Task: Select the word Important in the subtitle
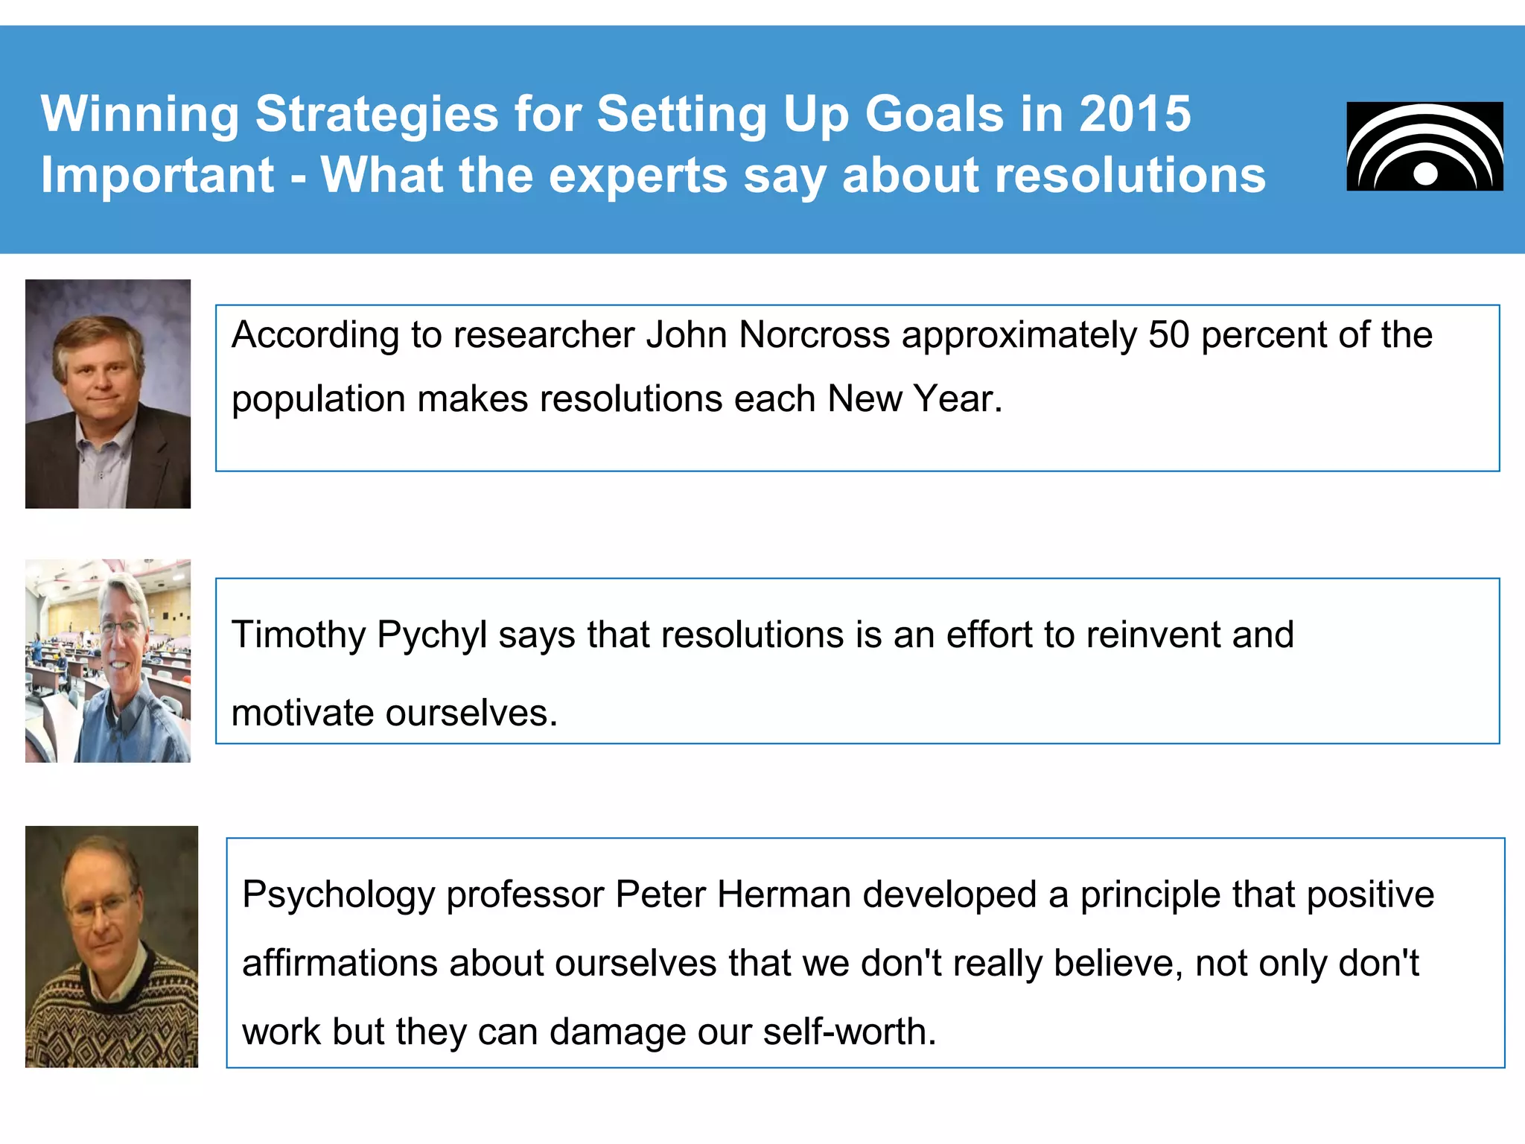coord(157,176)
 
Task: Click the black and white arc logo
coord(1424,147)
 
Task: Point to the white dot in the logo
coord(1425,174)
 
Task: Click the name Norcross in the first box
coord(815,335)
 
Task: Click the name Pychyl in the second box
coord(432,635)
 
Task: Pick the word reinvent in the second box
coord(1153,635)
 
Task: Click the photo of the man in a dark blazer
coord(108,394)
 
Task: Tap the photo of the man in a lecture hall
coord(108,661)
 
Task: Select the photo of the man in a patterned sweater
coord(112,947)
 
